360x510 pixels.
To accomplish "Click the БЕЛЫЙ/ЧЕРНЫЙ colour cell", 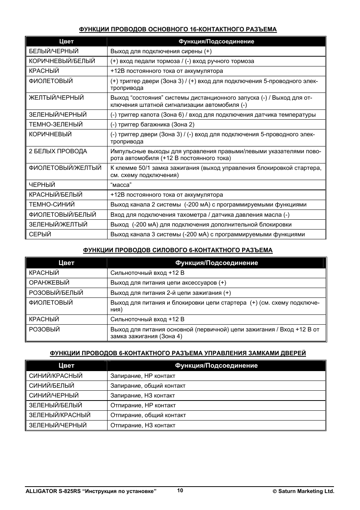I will pos(54,51).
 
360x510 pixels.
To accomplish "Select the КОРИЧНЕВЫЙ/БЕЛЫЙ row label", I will pos(62,61).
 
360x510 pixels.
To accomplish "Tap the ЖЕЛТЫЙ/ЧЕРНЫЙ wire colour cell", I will pos(56,98).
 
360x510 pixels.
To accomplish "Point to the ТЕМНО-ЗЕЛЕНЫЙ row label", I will pos(55,125).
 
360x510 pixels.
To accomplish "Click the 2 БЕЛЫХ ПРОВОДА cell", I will pos(58,151).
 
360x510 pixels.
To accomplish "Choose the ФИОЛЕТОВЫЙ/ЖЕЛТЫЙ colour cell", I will pos(65,168).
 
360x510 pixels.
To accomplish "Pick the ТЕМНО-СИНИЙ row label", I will pos(52,205).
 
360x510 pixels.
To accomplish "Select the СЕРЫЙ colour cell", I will pos(40,234).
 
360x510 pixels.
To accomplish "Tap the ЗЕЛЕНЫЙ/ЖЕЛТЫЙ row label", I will pos(58,225).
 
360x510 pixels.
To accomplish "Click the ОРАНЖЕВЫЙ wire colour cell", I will pos(49,283).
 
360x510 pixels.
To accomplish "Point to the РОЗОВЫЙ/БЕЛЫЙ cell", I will pos(56,293).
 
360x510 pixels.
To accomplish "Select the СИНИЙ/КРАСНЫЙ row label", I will pos(55,376).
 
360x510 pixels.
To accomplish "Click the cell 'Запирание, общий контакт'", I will pos(148,386).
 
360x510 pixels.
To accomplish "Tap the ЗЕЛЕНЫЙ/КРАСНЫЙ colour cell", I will pos(60,415).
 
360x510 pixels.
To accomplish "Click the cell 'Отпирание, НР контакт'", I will pos(143,405).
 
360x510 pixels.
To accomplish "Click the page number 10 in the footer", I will pos(180,490).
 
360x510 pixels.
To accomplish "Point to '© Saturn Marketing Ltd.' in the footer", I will pos(304,492).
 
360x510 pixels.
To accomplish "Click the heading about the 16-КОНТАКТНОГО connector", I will pos(178,29).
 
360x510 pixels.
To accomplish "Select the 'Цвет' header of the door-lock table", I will pos(66,366).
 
